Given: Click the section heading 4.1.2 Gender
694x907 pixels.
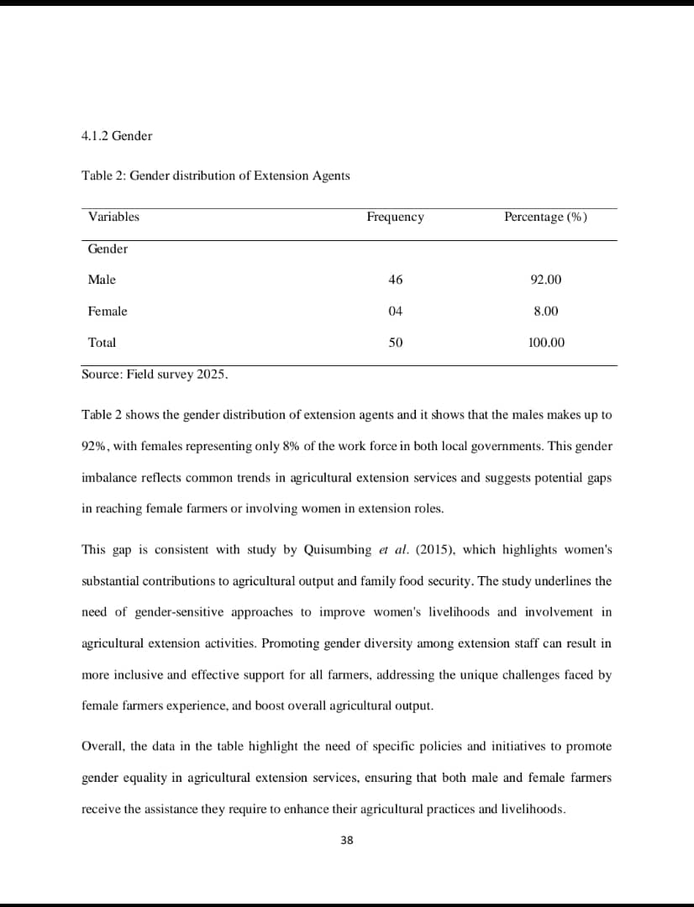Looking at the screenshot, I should (117, 136).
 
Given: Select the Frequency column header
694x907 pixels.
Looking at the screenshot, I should (395, 218).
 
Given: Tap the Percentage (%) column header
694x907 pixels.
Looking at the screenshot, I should (545, 218).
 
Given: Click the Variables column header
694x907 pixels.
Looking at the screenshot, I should (113, 217).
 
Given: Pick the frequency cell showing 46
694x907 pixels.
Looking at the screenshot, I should (396, 280).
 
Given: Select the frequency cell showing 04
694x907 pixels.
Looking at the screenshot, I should (396, 312).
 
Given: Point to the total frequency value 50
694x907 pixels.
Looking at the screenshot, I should (396, 343).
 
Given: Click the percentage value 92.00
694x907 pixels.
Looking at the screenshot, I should (546, 280).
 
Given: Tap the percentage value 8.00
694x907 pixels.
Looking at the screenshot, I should (546, 312).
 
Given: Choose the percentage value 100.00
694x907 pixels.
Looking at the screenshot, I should (546, 343).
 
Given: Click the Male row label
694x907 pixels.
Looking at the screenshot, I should (102, 280).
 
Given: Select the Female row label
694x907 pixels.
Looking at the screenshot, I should (108, 312).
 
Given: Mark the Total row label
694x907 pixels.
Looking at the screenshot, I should (102, 343).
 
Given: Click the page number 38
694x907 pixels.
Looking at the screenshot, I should (347, 840).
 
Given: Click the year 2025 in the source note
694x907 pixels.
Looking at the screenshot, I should (211, 375).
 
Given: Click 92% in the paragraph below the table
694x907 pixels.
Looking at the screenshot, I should (93, 446).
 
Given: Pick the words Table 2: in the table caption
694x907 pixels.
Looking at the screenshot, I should (103, 176).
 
